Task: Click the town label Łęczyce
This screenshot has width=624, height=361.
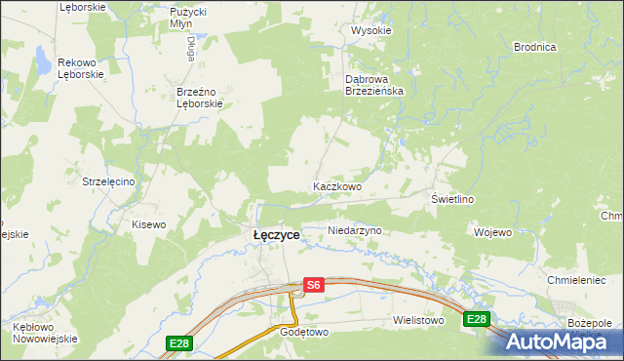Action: (276, 235)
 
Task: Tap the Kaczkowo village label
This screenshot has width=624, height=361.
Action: (337, 185)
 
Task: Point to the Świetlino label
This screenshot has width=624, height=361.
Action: (452, 199)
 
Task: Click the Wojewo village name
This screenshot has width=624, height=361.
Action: (492, 232)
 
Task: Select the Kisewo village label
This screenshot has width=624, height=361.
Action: (149, 224)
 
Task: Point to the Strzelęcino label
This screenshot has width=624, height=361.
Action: (114, 181)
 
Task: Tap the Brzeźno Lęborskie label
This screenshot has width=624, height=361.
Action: (200, 98)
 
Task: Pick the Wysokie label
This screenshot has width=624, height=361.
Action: (370, 30)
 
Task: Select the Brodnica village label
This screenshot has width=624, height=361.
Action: (534, 47)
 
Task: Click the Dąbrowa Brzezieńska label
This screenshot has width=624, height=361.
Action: (381, 84)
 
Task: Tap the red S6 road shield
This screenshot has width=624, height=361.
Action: (312, 285)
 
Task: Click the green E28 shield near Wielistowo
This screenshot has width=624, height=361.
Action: (476, 319)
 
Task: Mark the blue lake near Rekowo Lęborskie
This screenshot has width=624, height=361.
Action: (44, 63)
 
